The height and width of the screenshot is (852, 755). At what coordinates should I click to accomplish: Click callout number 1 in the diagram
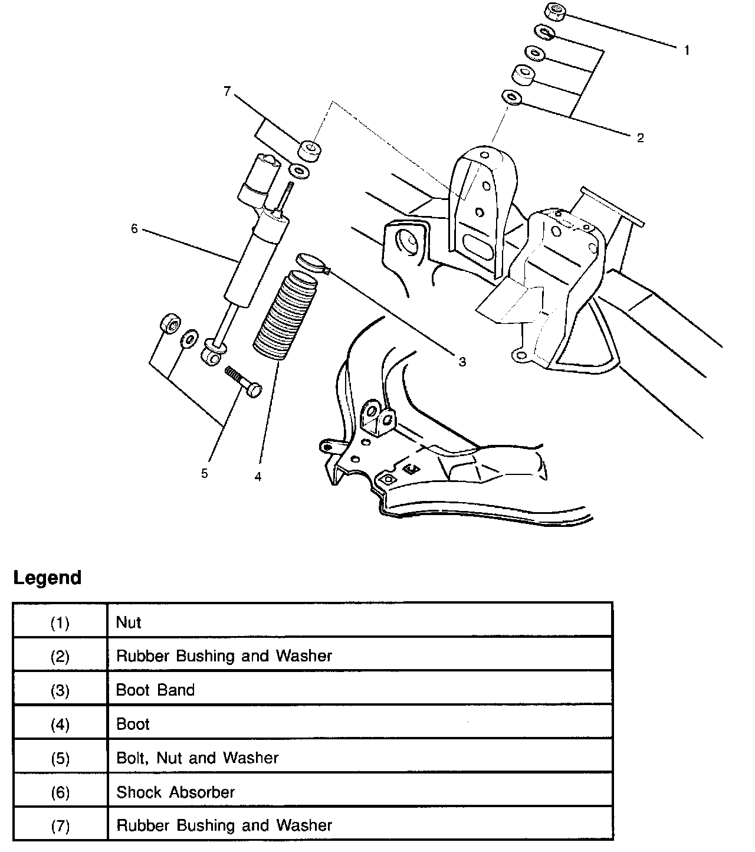[x=687, y=51]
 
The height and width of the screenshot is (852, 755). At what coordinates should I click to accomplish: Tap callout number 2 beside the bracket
[x=640, y=138]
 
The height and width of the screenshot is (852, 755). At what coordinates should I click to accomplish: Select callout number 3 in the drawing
[x=462, y=361]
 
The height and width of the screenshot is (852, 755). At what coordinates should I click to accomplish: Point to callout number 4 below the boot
[x=258, y=476]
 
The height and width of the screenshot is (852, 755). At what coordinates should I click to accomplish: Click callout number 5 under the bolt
[x=204, y=473]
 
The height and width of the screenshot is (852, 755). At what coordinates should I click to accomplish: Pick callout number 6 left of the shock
[x=134, y=228]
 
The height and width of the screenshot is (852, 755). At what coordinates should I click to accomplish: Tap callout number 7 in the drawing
[x=227, y=91]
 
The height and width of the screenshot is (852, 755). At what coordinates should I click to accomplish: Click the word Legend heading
[x=47, y=578]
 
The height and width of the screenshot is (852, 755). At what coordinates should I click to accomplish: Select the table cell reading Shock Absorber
[x=176, y=792]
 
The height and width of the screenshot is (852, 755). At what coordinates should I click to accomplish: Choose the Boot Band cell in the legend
[x=156, y=690]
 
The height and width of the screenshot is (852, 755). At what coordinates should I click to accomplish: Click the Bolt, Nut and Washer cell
[x=198, y=758]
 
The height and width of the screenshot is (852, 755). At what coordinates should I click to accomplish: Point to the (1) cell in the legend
[x=60, y=622]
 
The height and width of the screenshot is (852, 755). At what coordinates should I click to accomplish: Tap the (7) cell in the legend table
[x=60, y=825]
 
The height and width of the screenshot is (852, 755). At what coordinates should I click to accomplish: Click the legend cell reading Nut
[x=129, y=622]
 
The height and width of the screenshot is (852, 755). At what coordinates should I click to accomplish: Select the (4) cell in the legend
[x=60, y=724]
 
